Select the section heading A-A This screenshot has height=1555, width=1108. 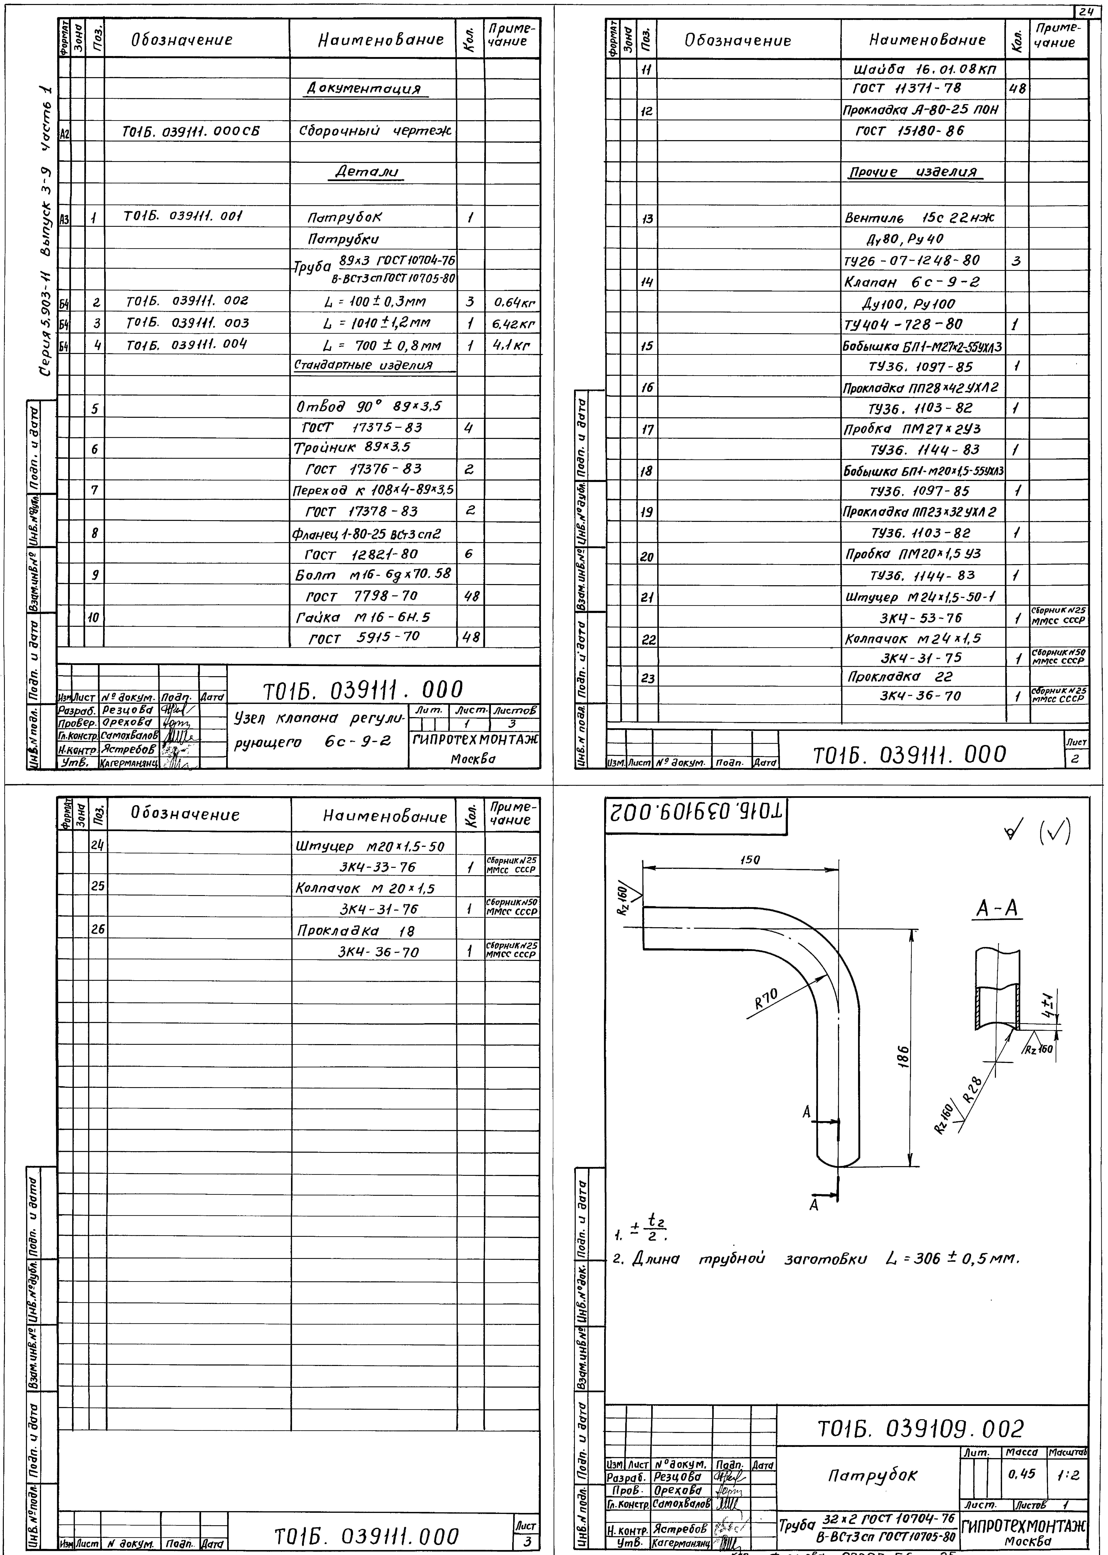coord(997,908)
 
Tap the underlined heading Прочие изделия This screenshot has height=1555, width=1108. coord(913,172)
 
